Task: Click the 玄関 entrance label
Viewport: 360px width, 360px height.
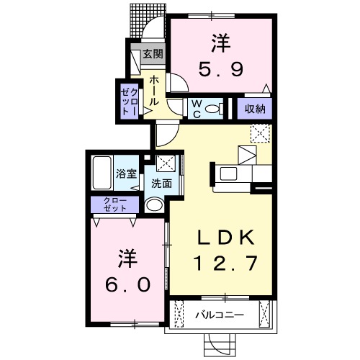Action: [152, 53]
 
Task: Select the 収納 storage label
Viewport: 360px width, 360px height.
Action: [254, 109]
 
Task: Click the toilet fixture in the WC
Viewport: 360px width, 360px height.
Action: [212, 109]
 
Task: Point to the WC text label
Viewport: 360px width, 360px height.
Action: [195, 108]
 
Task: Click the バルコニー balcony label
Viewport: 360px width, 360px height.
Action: [220, 315]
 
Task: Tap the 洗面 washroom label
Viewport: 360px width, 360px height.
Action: [161, 184]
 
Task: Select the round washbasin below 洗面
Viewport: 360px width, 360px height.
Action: [154, 204]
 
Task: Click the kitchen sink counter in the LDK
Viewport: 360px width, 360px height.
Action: [233, 174]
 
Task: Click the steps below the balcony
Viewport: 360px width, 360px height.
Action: [220, 343]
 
